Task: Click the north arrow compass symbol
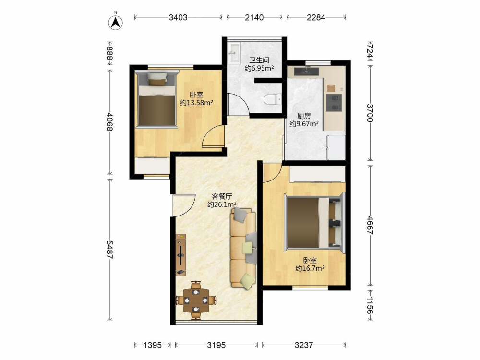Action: point(116,22)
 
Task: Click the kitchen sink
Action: point(306,72)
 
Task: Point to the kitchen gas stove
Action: point(334,103)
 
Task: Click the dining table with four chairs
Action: point(196,300)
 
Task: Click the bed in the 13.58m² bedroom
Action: point(157,99)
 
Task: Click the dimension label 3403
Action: point(178,17)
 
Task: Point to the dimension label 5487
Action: point(109,250)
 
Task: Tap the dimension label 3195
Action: point(216,345)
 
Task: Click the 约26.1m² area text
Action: point(222,204)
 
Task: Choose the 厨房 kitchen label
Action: point(304,116)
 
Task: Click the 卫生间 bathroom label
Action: point(259,60)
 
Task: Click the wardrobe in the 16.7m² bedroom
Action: point(317,174)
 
